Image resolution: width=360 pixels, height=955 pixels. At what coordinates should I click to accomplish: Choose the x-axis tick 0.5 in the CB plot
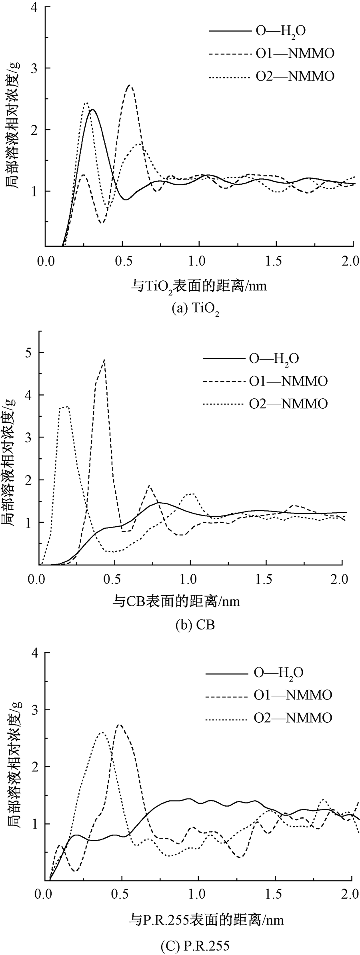click(114, 579)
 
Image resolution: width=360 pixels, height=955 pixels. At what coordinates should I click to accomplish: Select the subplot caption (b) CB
click(195, 625)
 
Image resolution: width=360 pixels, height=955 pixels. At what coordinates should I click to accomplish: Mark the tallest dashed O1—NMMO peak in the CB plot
click(104, 360)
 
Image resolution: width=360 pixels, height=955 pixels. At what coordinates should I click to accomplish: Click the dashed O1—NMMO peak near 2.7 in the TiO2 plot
click(129, 85)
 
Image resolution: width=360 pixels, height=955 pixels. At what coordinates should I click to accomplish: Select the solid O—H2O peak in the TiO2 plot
click(92, 110)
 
